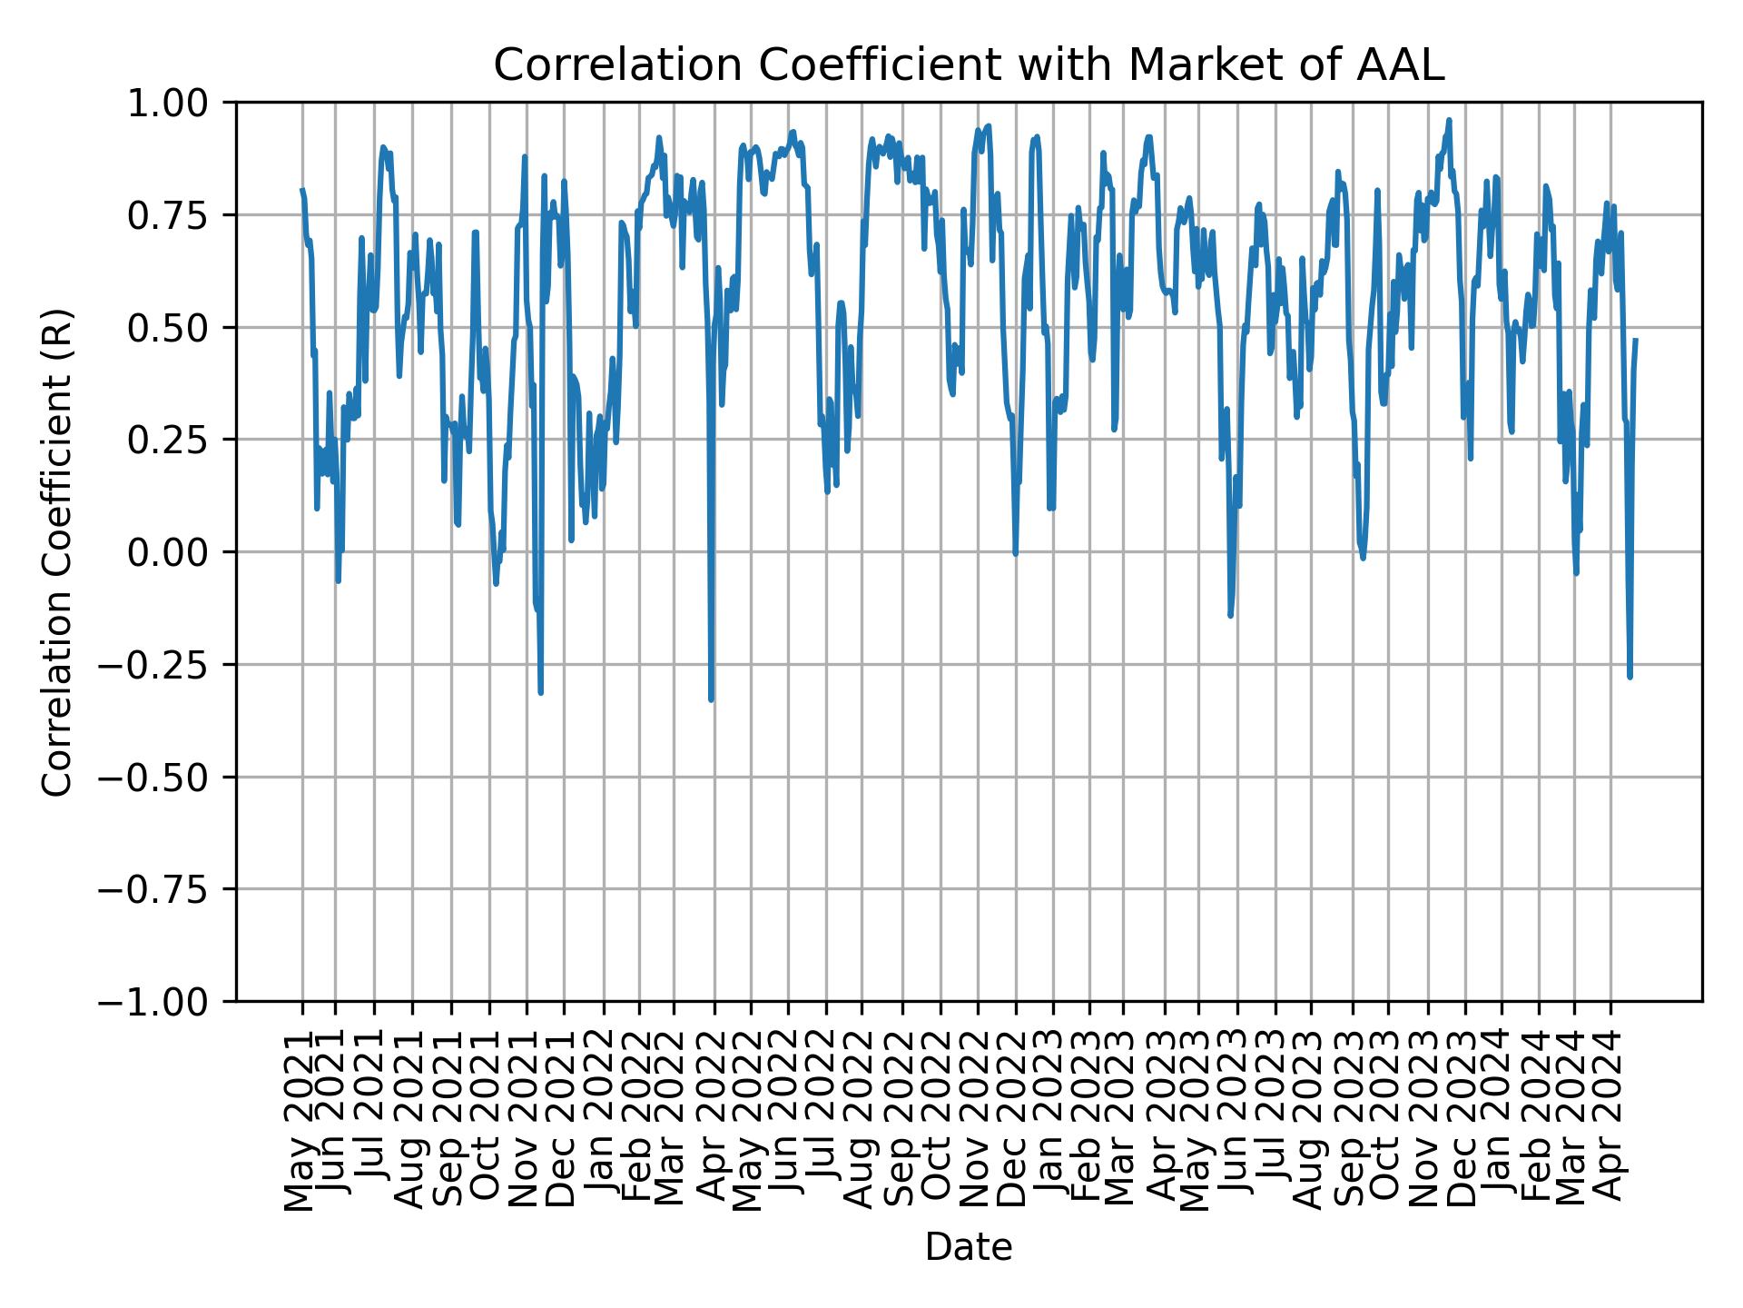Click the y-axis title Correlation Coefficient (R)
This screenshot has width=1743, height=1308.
click(57, 552)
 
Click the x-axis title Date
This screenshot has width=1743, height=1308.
click(968, 1248)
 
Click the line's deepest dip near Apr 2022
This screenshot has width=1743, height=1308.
click(711, 699)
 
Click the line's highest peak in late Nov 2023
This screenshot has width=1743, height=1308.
click(1449, 120)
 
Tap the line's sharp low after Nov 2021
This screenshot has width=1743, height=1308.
click(541, 693)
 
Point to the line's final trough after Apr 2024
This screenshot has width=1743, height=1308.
click(1630, 677)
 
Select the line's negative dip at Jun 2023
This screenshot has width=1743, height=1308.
click(1230, 616)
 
